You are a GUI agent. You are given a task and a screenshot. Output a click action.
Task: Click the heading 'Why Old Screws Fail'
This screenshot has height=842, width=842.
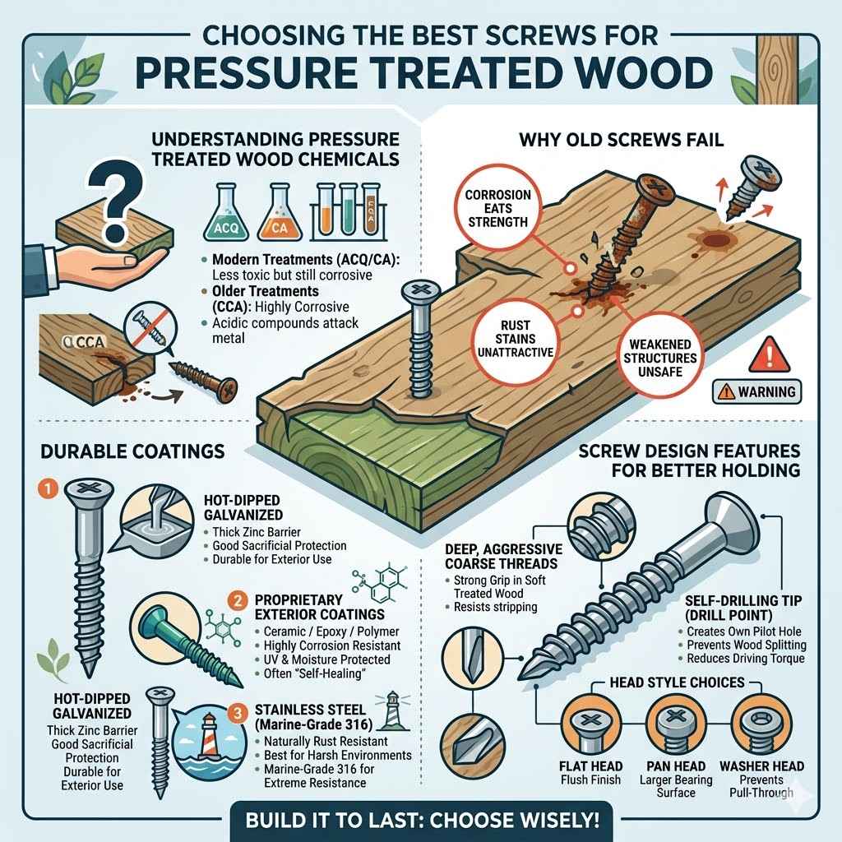622,139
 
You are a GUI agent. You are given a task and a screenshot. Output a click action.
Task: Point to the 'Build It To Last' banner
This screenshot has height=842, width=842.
420,819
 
